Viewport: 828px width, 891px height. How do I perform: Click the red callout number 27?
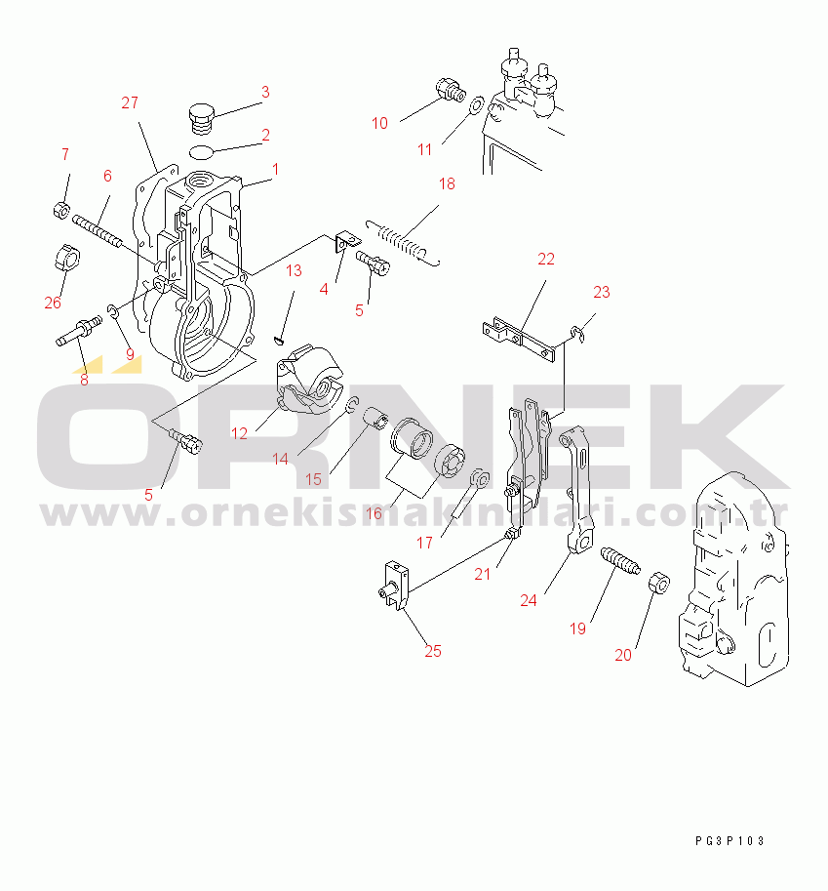pyautogui.click(x=130, y=102)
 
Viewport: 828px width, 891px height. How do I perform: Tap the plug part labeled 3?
pyautogui.click(x=202, y=119)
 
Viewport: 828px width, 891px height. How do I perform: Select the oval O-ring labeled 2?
pyautogui.click(x=201, y=152)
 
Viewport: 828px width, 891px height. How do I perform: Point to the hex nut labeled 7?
pyautogui.click(x=61, y=210)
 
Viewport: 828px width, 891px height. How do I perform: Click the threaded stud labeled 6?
pyautogui.click(x=97, y=230)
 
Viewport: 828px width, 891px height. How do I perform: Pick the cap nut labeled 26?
pyautogui.click(x=67, y=258)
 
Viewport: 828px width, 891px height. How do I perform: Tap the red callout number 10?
pyautogui.click(x=379, y=123)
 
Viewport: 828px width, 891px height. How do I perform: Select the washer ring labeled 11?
pyautogui.click(x=476, y=105)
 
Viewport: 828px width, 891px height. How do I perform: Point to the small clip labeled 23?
pyautogui.click(x=578, y=334)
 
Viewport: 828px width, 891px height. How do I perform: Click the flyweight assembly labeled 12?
pyautogui.click(x=308, y=378)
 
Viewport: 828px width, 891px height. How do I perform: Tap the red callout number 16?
pyautogui.click(x=374, y=513)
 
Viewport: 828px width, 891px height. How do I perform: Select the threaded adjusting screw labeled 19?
pyautogui.click(x=620, y=560)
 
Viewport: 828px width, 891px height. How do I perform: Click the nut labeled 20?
pyautogui.click(x=659, y=583)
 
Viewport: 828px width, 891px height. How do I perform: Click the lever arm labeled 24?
pyautogui.click(x=576, y=489)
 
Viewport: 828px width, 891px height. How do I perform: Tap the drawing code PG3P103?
pyautogui.click(x=729, y=840)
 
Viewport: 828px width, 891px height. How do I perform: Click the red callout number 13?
pyautogui.click(x=294, y=270)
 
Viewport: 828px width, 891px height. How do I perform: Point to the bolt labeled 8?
pyautogui.click(x=79, y=331)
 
